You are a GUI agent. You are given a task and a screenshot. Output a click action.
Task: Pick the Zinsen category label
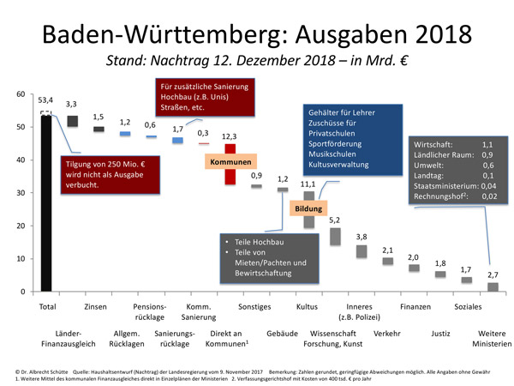click(x=96, y=306)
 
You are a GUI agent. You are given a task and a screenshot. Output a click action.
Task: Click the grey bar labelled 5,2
click(x=335, y=235)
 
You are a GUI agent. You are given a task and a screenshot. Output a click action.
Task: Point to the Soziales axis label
click(x=467, y=306)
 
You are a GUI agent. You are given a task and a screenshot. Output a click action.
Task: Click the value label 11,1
click(x=308, y=184)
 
